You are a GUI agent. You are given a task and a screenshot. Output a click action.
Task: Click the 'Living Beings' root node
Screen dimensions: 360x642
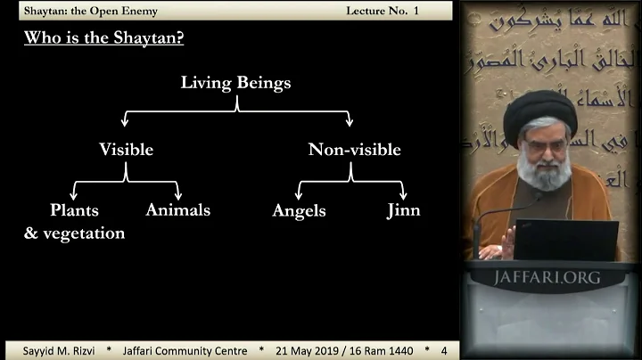point(235,83)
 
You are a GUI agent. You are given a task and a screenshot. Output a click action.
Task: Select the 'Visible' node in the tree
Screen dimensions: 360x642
point(126,150)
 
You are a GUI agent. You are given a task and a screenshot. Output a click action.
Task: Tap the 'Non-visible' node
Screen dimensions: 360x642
point(354,150)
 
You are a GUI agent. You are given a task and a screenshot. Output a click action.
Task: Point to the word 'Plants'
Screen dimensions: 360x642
point(74,210)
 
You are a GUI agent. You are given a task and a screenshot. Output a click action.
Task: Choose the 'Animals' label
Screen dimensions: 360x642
point(177,210)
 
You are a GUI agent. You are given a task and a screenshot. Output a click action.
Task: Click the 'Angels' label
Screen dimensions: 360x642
point(299,211)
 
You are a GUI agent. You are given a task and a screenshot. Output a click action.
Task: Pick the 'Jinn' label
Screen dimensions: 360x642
point(403,211)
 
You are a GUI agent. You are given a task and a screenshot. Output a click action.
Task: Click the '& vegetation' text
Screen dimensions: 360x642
point(74,233)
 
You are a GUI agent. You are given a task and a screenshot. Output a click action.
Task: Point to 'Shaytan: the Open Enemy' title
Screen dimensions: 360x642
point(78,10)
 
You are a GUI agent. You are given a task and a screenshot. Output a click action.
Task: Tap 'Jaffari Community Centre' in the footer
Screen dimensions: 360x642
point(185,350)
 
